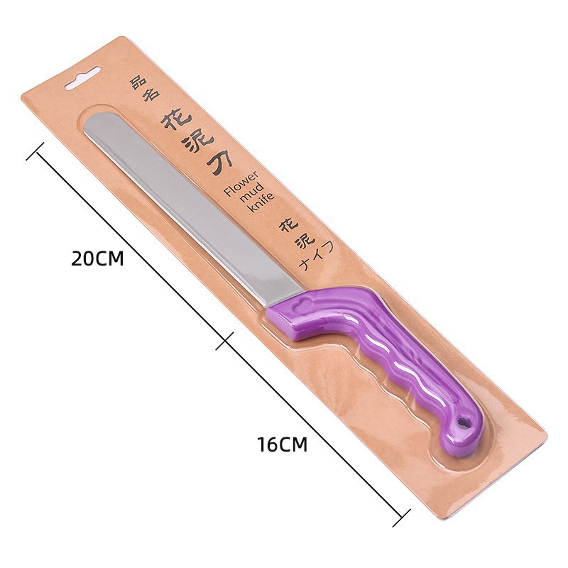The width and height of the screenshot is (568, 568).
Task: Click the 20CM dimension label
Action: pyautogui.click(x=97, y=258)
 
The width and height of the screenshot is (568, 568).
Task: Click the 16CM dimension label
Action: pyautogui.click(x=283, y=444)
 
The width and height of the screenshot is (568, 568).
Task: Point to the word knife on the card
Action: pyautogui.click(x=261, y=205)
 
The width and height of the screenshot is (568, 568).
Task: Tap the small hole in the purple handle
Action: pyautogui.click(x=463, y=422)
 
